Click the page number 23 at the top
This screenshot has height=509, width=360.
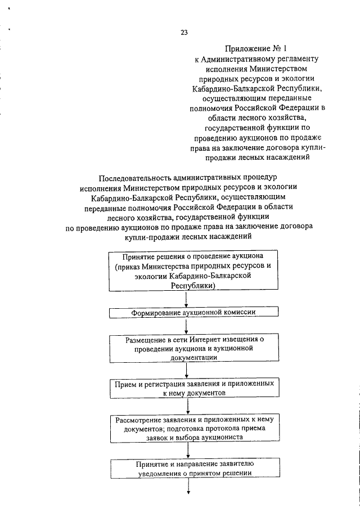click(x=184, y=32)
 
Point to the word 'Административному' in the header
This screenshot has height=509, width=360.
click(x=241, y=59)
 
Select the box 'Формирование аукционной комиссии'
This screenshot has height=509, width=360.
click(x=186, y=312)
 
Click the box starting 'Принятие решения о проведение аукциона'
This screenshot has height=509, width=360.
click(x=186, y=271)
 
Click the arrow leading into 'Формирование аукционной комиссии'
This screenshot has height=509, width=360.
click(x=186, y=299)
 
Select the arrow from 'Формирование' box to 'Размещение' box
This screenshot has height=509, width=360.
click(x=186, y=326)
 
